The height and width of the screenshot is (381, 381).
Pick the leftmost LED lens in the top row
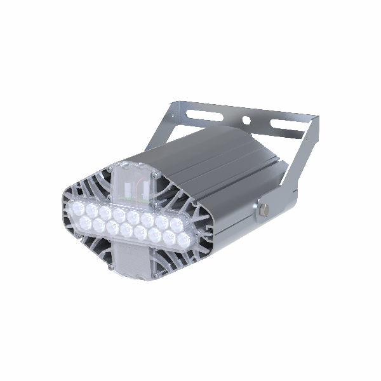coord(77,206)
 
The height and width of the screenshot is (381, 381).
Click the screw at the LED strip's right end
coord(196,236)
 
